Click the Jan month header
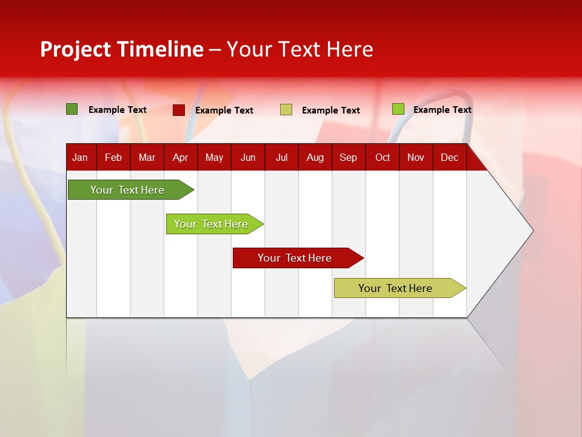[80, 157]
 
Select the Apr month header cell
[180, 157]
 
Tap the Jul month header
[281, 157]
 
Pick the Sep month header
[348, 157]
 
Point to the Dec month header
[449, 157]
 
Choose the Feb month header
[113, 157]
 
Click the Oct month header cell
[382, 157]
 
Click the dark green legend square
[72, 109]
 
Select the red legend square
[179, 110]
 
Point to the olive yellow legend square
[286, 110]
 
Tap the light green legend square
[398, 109]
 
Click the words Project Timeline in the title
[122, 49]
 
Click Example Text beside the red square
[224, 110]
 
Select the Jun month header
[247, 157]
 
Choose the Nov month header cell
[416, 157]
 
